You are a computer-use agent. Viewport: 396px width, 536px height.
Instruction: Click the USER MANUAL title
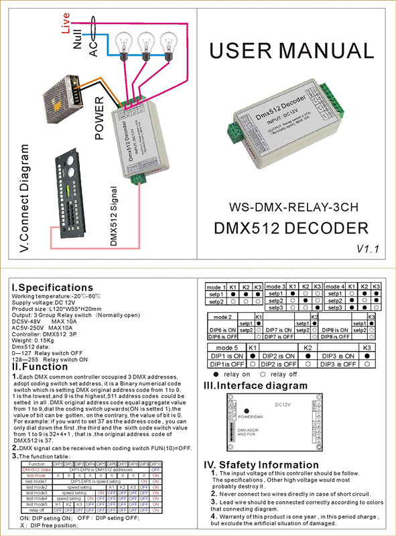[x=293, y=51]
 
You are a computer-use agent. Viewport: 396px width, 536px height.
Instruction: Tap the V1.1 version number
[x=368, y=249]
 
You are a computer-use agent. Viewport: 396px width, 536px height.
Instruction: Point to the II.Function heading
[x=40, y=366]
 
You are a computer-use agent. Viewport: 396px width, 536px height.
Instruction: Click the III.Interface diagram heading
[x=265, y=385]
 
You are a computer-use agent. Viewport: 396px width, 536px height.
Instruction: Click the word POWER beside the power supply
[x=99, y=119]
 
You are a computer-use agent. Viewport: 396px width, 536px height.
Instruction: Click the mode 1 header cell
[x=216, y=287]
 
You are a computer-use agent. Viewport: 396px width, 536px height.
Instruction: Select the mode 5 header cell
[x=225, y=348]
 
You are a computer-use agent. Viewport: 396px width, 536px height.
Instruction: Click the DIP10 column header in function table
[x=155, y=464]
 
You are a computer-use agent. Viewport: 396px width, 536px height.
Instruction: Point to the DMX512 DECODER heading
[x=291, y=227]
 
